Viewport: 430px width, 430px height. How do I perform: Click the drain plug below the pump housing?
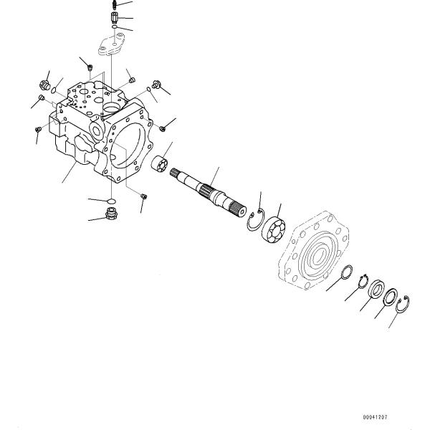click(113, 214)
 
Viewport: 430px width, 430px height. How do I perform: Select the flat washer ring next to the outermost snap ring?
click(391, 295)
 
